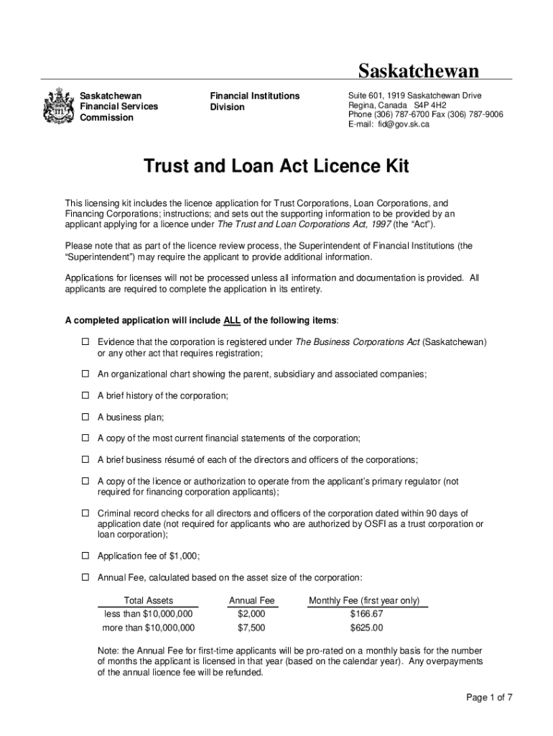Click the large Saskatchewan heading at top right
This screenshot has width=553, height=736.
(x=419, y=70)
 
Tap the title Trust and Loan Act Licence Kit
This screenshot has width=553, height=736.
(x=276, y=167)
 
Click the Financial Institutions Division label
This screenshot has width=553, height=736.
(x=254, y=101)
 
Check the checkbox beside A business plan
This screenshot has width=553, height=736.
(x=84, y=417)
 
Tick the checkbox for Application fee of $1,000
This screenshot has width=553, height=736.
(x=84, y=556)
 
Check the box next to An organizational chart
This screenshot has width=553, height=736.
(x=84, y=374)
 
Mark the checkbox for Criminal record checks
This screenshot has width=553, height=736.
(x=84, y=513)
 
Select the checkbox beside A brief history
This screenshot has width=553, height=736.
(x=84, y=396)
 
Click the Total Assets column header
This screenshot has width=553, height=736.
(x=149, y=601)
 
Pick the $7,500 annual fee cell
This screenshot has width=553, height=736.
(x=251, y=627)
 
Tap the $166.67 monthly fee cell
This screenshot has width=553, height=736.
(x=366, y=614)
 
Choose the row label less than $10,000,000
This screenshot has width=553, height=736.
(x=149, y=614)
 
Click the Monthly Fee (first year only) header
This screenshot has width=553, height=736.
(x=364, y=601)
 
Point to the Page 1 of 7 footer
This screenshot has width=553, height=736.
(x=488, y=697)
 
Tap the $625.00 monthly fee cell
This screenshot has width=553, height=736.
(x=366, y=627)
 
